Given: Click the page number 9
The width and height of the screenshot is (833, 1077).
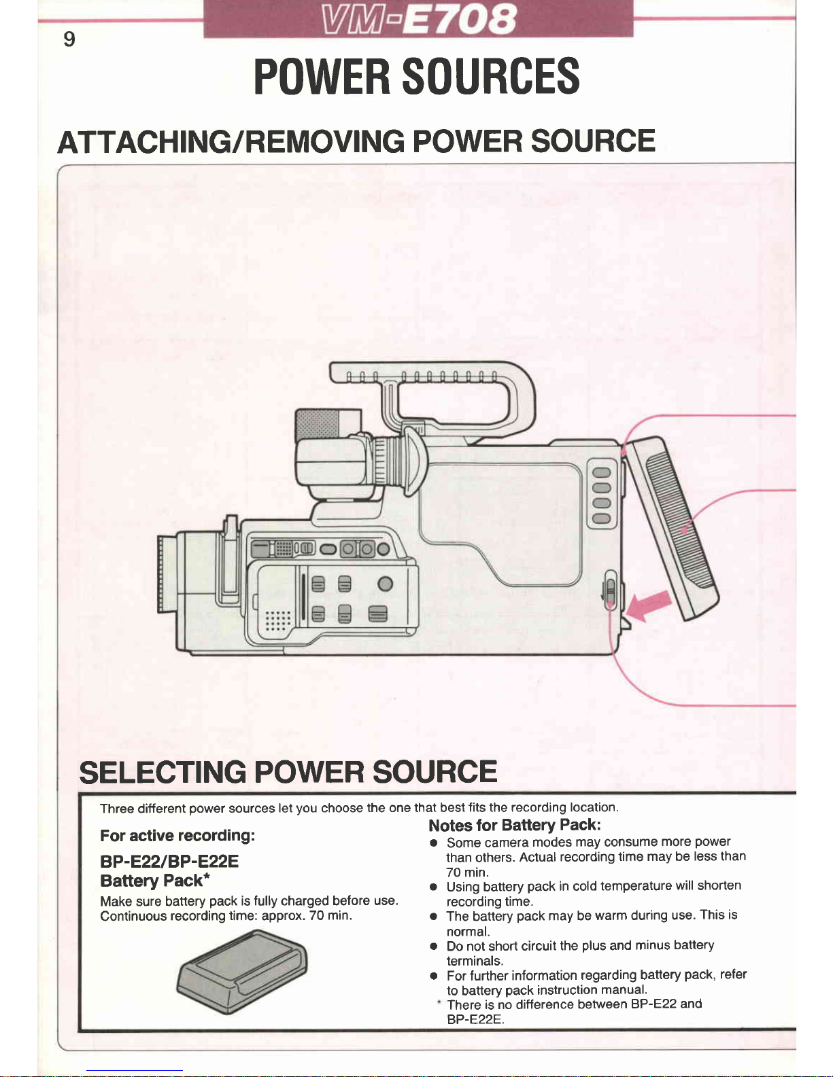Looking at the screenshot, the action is (69, 39).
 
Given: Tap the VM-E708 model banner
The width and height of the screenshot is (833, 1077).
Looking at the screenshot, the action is (418, 19).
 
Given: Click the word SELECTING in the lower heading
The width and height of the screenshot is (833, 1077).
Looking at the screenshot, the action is (163, 772).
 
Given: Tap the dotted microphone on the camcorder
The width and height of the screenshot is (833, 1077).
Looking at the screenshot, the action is (318, 425).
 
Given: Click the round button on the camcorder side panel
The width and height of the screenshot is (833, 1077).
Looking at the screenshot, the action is (386, 584).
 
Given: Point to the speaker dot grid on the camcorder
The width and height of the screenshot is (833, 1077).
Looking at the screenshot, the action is (278, 620).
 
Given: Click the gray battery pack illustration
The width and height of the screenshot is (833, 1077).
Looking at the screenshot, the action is (242, 972).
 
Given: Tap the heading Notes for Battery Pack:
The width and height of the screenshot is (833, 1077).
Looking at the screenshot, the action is (515, 825).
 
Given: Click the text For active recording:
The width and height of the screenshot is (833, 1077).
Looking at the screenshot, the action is (177, 836).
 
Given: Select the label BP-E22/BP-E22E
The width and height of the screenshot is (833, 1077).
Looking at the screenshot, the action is (169, 862).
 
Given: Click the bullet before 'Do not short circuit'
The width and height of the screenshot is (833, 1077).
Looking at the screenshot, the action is (433, 947).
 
